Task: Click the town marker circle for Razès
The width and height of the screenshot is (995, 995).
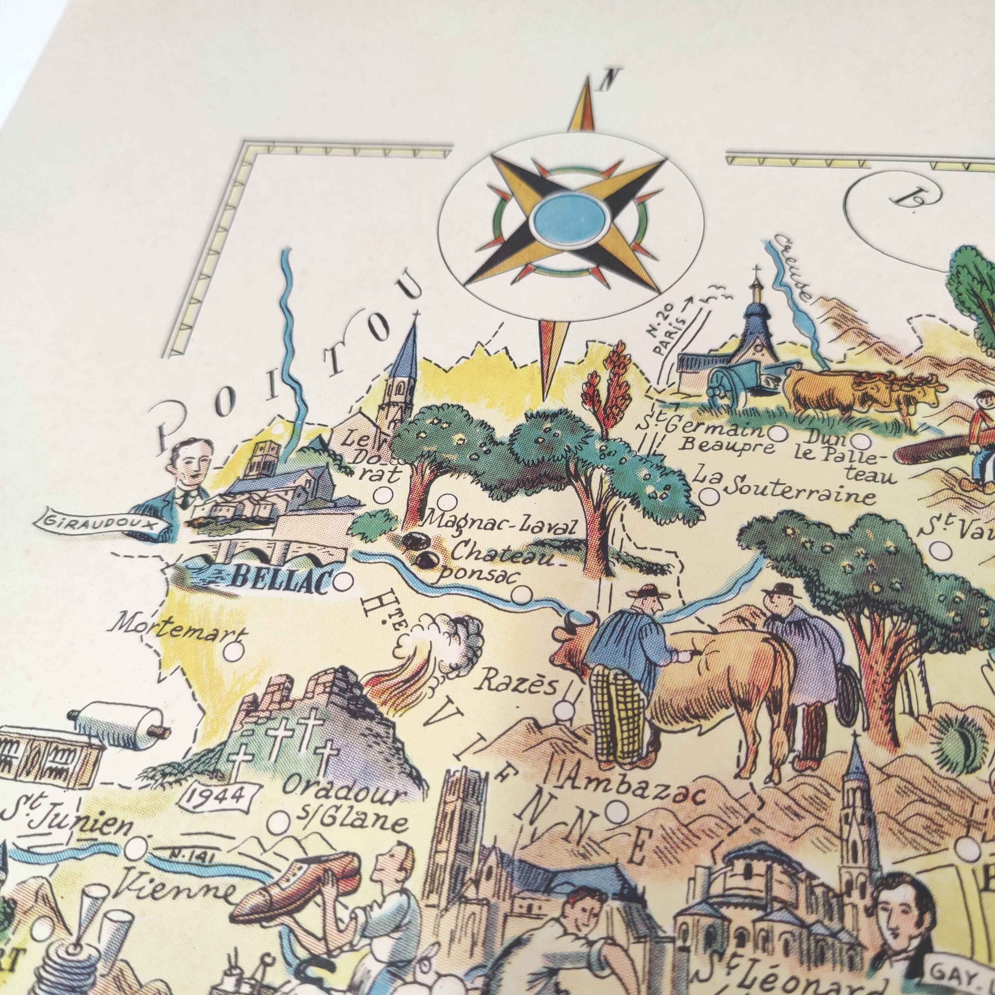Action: [x=565, y=705]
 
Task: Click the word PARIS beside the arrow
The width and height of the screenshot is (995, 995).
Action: [x=673, y=335]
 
